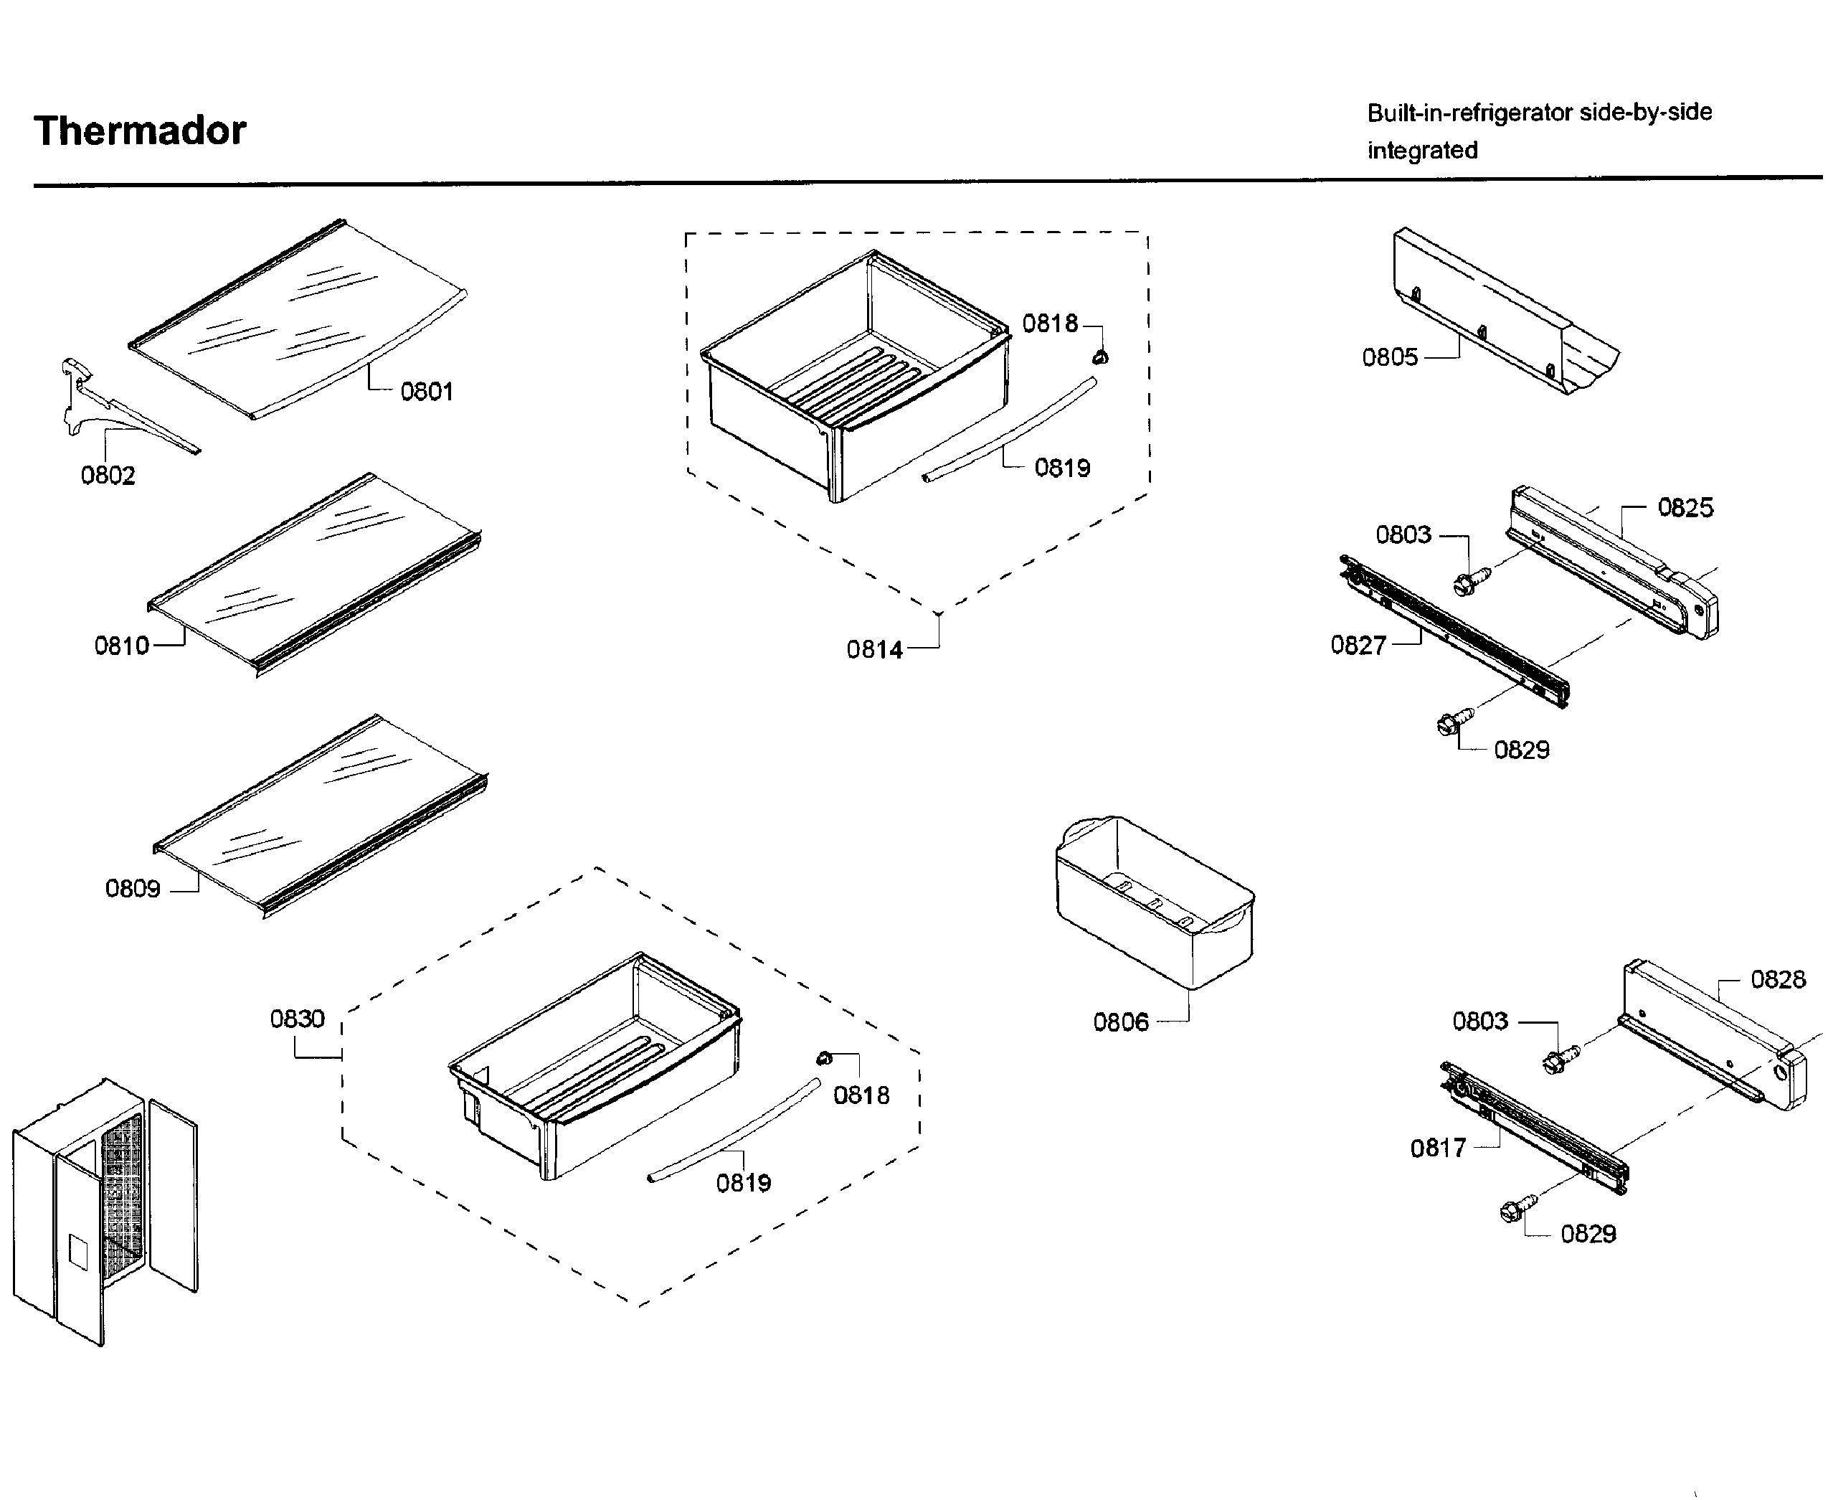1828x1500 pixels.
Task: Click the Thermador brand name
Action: tap(140, 131)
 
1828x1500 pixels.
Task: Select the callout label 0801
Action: tap(427, 392)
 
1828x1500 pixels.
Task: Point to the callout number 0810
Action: tap(122, 646)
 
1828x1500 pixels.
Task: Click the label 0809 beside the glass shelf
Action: tap(133, 888)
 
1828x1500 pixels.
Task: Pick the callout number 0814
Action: tap(874, 650)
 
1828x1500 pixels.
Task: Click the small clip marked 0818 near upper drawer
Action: tap(1099, 356)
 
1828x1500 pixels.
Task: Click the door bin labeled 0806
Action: tap(1154, 903)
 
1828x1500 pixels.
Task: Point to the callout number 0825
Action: tap(1685, 507)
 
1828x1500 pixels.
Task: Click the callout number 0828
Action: tap(1778, 979)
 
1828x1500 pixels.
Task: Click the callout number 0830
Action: tap(297, 1019)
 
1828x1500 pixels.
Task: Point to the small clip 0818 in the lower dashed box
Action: tap(823, 1059)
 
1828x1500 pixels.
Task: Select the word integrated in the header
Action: tap(1422, 151)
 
